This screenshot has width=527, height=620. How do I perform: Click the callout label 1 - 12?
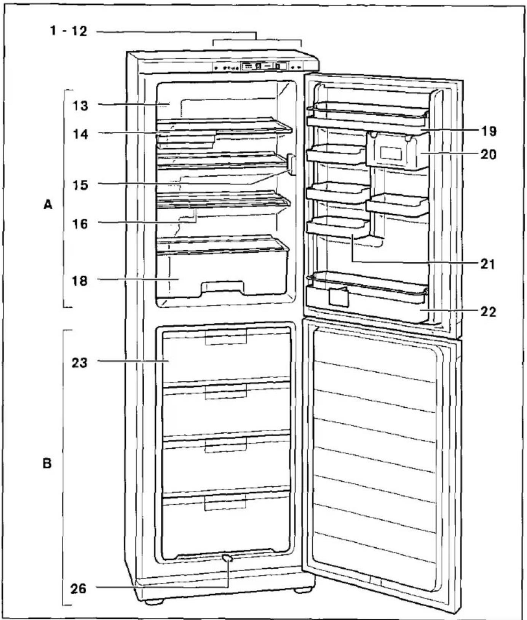click(69, 31)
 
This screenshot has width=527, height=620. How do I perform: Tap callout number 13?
click(80, 105)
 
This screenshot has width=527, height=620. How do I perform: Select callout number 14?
click(80, 134)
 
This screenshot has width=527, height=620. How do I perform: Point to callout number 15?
click(80, 185)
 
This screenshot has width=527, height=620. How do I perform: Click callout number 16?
click(80, 224)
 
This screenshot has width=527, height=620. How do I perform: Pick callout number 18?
click(80, 281)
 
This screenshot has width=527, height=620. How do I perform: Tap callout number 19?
click(489, 131)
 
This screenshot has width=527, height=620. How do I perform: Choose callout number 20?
click(489, 154)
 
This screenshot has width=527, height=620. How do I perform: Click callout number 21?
click(488, 264)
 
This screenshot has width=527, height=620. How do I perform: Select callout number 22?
click(489, 312)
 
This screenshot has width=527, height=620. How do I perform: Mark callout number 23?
click(80, 363)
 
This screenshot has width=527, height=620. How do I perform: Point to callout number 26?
click(78, 589)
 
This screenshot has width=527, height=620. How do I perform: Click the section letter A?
click(48, 205)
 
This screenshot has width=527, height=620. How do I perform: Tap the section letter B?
click(47, 464)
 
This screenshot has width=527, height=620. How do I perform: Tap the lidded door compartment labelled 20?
click(397, 150)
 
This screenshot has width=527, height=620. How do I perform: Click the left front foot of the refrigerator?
click(154, 602)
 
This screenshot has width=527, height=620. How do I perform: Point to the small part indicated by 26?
click(227, 558)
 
